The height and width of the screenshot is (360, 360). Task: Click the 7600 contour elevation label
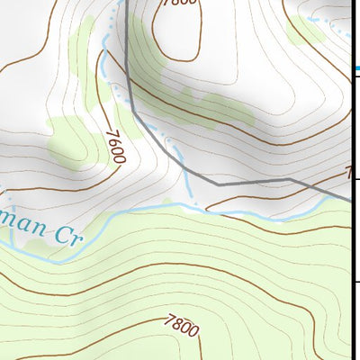pyautogui.click(x=114, y=147)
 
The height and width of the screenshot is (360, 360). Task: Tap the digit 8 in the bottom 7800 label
pyautogui.click(x=177, y=323)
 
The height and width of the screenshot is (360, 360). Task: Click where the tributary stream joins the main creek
pyautogui.click(x=192, y=204)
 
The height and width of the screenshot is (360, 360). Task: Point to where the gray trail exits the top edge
pyautogui.click(x=127, y=3)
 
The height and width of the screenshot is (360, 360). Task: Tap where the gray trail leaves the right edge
pyautogui.click(x=357, y=201)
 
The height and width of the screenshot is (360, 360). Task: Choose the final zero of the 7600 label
pyautogui.click(x=120, y=160)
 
